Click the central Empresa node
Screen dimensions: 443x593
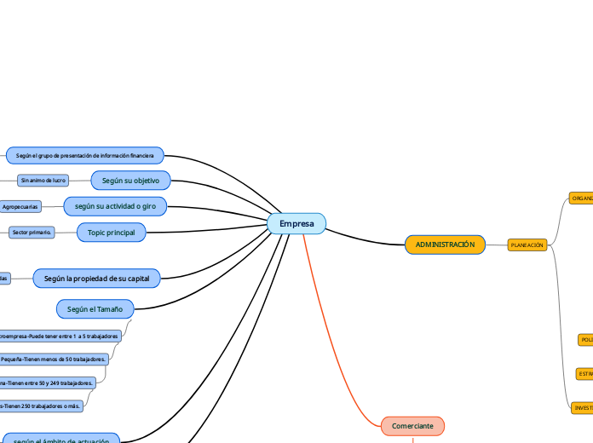click(296, 223)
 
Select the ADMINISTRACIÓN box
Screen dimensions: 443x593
click(445, 245)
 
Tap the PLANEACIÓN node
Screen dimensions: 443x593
click(527, 245)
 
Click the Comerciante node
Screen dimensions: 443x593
click(412, 425)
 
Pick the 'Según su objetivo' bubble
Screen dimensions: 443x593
click(130, 180)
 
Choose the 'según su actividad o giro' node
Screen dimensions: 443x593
click(115, 205)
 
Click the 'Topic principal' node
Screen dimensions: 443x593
click(111, 232)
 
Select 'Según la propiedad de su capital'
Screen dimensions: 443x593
click(96, 279)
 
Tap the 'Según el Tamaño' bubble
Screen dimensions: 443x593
click(95, 308)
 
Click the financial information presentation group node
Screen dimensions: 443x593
click(84, 155)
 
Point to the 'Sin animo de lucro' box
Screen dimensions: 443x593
click(43, 181)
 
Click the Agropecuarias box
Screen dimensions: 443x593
click(20, 206)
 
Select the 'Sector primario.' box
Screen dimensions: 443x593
click(32, 232)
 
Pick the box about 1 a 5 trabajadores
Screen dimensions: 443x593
click(60, 337)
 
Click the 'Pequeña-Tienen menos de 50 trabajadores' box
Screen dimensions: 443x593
click(54, 360)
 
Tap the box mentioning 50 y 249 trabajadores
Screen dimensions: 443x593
click(47, 383)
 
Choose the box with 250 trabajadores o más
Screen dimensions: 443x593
click(41, 406)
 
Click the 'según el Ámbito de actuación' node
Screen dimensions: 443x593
click(61, 439)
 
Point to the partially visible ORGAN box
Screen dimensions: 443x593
click(581, 198)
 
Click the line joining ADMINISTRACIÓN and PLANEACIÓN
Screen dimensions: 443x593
click(496, 245)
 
